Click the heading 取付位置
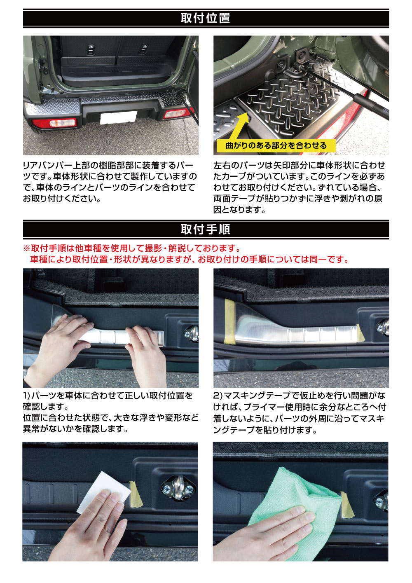click(205, 18)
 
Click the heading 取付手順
click(205, 229)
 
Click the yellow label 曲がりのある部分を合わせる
click(276, 145)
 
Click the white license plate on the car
click(118, 118)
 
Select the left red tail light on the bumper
click(55, 123)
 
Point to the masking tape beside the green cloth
click(346, 505)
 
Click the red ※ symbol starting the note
click(26, 248)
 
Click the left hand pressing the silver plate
click(62, 342)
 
